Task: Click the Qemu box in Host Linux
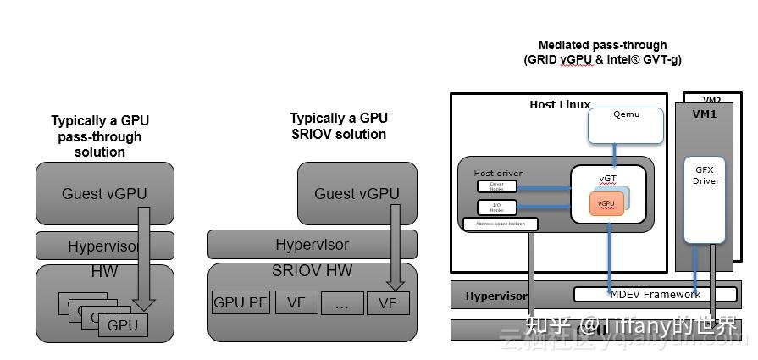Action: coord(626,125)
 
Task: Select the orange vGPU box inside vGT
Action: coord(606,204)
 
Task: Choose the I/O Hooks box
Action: coord(496,206)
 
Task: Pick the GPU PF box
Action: coord(240,302)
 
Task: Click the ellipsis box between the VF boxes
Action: coord(341,303)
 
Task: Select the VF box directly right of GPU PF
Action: coord(296,302)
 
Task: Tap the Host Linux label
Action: coord(560,105)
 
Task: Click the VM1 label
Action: coord(705,113)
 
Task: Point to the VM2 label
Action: coord(712,99)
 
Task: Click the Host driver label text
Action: coord(498,174)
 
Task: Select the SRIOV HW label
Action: coord(312,271)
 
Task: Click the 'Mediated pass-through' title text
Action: coord(602,45)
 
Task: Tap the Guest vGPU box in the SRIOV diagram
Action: coord(357,194)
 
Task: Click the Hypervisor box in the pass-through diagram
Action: coord(105,246)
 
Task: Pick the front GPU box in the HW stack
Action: coord(123,324)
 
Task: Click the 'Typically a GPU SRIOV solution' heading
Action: coord(338,126)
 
